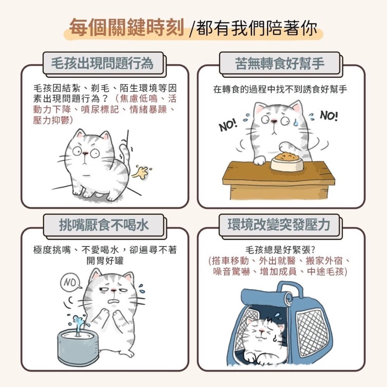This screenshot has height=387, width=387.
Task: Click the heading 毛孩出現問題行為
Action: pos(102,63)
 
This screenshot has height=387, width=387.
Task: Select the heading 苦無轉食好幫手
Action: pos(280,63)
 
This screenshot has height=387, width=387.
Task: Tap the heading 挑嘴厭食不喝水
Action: pos(104,225)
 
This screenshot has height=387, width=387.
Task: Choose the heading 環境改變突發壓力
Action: pos(279,224)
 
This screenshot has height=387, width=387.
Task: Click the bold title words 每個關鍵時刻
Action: pos(126,27)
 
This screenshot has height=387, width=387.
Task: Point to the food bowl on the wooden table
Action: pos(287,162)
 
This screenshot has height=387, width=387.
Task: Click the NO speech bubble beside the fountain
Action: pos(71,282)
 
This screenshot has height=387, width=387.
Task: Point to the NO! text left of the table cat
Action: pos(228,125)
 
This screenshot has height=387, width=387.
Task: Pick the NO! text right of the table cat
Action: pos(329,116)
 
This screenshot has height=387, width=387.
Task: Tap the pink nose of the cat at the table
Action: pos(274,121)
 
